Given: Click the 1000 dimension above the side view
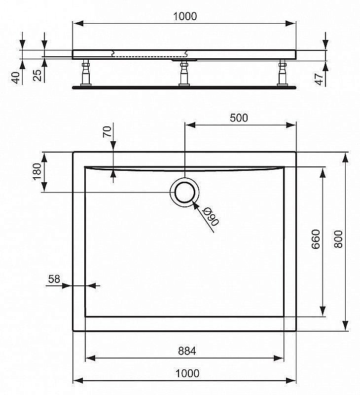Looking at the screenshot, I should click(184, 16).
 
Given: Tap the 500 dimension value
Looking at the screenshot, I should click(239, 118).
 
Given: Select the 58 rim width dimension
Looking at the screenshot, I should click(54, 279).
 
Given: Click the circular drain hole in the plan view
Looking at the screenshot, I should click(184, 192).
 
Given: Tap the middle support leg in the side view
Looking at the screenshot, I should click(184, 73).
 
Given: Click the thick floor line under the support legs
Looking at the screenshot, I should click(184, 87).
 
